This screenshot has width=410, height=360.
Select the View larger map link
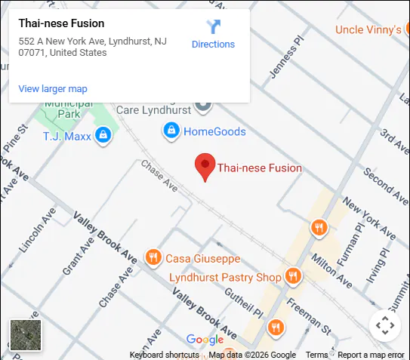click(x=53, y=88)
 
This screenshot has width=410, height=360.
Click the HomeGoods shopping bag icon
click(x=171, y=131)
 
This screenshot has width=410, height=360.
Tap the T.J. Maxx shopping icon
click(x=103, y=136)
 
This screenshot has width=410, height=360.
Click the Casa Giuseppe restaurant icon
click(x=153, y=257)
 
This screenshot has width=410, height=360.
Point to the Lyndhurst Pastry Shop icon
click(x=293, y=277)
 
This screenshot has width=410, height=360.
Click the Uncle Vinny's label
click(x=368, y=29)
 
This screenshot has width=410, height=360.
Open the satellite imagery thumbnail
click(x=26, y=335)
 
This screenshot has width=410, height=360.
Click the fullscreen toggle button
click(x=385, y=326)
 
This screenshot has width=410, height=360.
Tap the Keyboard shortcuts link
click(x=165, y=355)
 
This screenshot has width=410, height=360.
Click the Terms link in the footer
click(x=316, y=355)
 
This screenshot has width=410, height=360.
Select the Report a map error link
click(x=371, y=355)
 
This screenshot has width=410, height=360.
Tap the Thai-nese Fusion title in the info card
click(x=62, y=23)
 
